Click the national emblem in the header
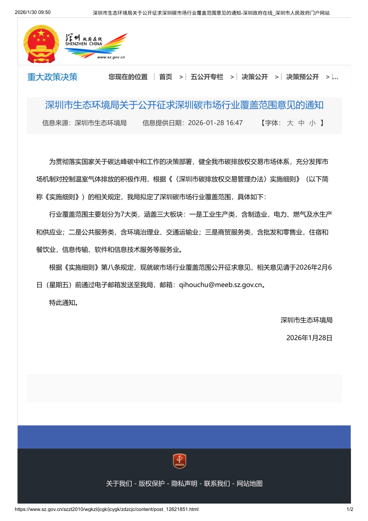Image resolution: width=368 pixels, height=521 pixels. pyautogui.click(x=41, y=44)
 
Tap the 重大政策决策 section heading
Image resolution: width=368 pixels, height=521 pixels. pyautogui.click(x=52, y=77)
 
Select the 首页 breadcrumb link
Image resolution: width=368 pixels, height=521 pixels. pyautogui.click(x=166, y=77)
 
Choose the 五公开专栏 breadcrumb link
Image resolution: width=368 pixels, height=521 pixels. pyautogui.click(x=207, y=77)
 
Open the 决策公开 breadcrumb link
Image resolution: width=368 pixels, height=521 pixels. pyautogui.click(x=255, y=77)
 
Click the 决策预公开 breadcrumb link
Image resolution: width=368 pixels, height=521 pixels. pyautogui.click(x=302, y=77)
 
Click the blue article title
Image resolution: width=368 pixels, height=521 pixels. pyautogui.click(x=184, y=105)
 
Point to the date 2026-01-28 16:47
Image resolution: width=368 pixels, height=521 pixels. pyautogui.click(x=215, y=123)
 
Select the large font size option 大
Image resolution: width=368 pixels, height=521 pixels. pyautogui.click(x=290, y=123)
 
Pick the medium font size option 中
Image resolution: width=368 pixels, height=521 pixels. pyautogui.click(x=301, y=123)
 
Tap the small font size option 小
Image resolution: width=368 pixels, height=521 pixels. pyautogui.click(x=312, y=123)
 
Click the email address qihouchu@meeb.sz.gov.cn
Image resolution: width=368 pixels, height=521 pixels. pyautogui.click(x=220, y=285)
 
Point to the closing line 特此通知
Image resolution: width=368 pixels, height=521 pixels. pyautogui.click(x=64, y=303)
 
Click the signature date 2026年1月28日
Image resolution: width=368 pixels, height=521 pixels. pyautogui.click(x=309, y=338)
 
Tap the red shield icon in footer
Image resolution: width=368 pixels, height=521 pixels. pyautogui.click(x=179, y=461)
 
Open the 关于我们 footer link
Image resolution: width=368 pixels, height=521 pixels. pyautogui.click(x=119, y=484)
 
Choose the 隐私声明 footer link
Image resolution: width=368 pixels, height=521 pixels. pyautogui.click(x=184, y=484)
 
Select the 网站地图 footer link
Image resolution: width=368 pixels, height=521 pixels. pyautogui.click(x=249, y=484)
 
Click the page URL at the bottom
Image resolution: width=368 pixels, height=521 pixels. pyautogui.click(x=107, y=509)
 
